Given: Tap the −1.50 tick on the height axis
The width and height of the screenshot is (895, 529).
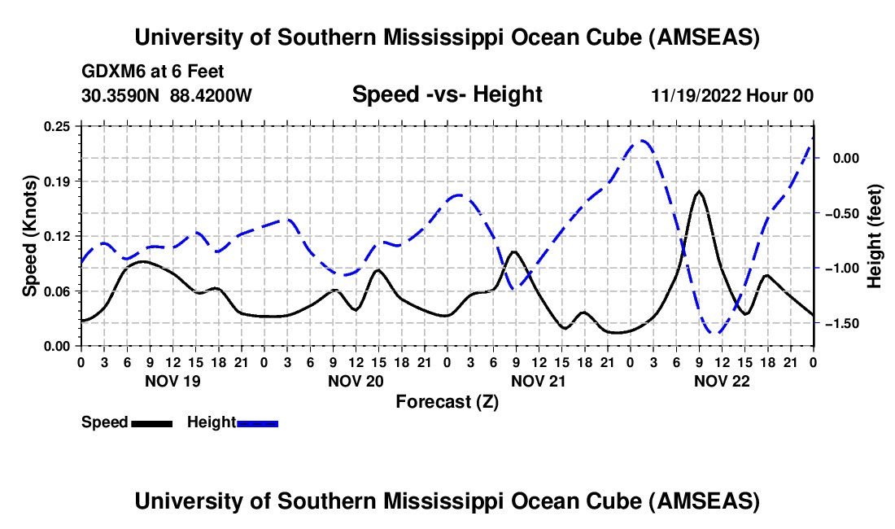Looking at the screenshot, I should tap(839, 323).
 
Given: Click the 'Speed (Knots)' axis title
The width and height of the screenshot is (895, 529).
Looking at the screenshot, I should tap(29, 236).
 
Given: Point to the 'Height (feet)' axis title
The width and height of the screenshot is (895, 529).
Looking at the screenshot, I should tap(875, 236).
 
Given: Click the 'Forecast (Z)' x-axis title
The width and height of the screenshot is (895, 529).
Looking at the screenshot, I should tap(447, 401).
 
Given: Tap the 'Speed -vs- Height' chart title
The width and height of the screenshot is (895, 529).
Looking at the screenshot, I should tap(447, 94).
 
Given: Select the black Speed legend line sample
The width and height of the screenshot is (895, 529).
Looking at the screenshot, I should tap(151, 422).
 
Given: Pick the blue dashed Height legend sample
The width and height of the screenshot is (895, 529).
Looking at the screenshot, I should tap(258, 422).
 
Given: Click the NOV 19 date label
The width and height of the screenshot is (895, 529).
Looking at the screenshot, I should tap(172, 380).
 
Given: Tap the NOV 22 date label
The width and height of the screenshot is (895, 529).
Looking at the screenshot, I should tap(721, 380).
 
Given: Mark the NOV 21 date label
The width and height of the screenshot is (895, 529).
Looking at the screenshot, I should tap(538, 380).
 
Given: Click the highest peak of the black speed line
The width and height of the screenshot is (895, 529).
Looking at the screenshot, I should tap(699, 191).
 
